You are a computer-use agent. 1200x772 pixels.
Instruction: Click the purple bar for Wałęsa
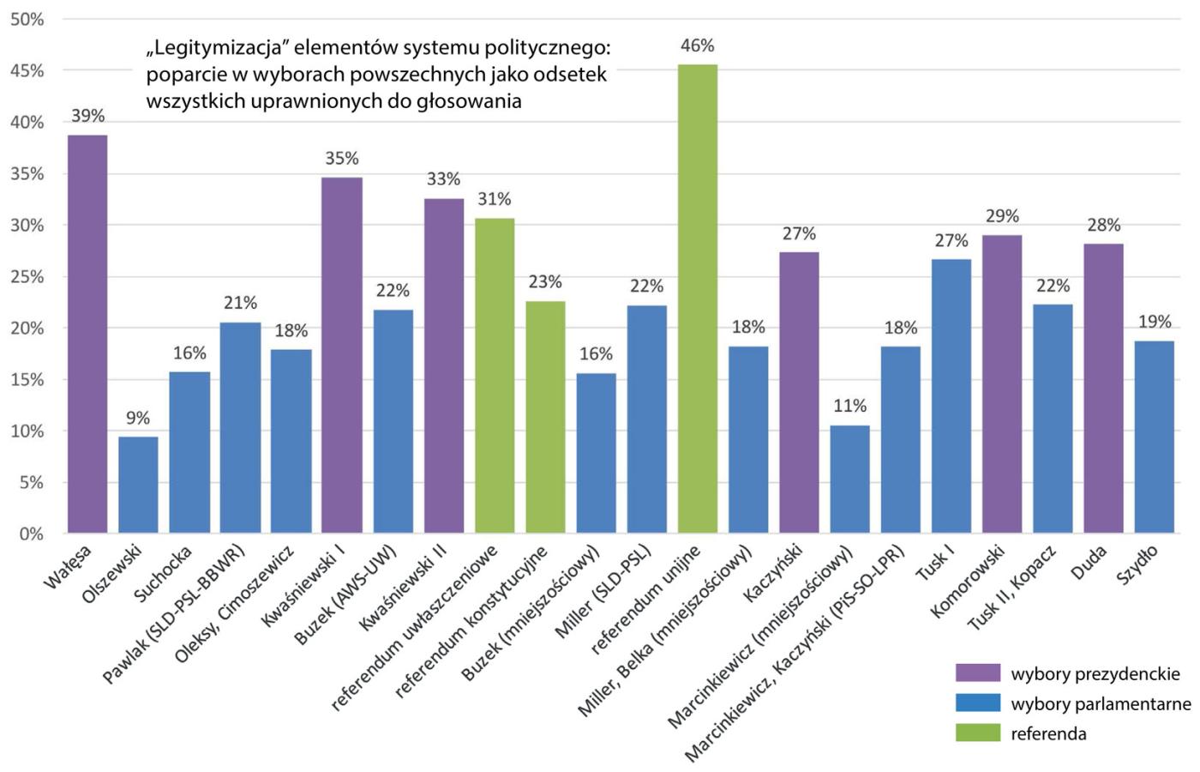[x=87, y=335]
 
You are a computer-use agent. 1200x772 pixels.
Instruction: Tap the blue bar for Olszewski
[x=138, y=485]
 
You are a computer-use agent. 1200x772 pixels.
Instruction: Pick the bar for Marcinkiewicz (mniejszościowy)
[x=849, y=479]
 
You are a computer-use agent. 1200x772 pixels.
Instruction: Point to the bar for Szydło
[x=1155, y=437]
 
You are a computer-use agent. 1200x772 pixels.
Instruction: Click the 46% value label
[x=698, y=46]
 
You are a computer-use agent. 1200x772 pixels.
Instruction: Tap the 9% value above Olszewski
[x=138, y=419]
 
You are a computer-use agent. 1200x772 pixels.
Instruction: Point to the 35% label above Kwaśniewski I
[x=341, y=159]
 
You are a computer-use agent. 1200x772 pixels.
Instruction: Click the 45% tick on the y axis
[x=27, y=71]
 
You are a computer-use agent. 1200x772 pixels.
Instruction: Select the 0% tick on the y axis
[x=31, y=534]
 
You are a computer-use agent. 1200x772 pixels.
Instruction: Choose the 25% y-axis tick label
[x=27, y=277]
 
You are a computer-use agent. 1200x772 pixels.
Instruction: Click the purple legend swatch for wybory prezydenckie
[x=978, y=673]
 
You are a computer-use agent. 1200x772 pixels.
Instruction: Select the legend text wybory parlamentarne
[x=1101, y=704]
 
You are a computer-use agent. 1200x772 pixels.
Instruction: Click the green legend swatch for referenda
[x=978, y=733]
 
